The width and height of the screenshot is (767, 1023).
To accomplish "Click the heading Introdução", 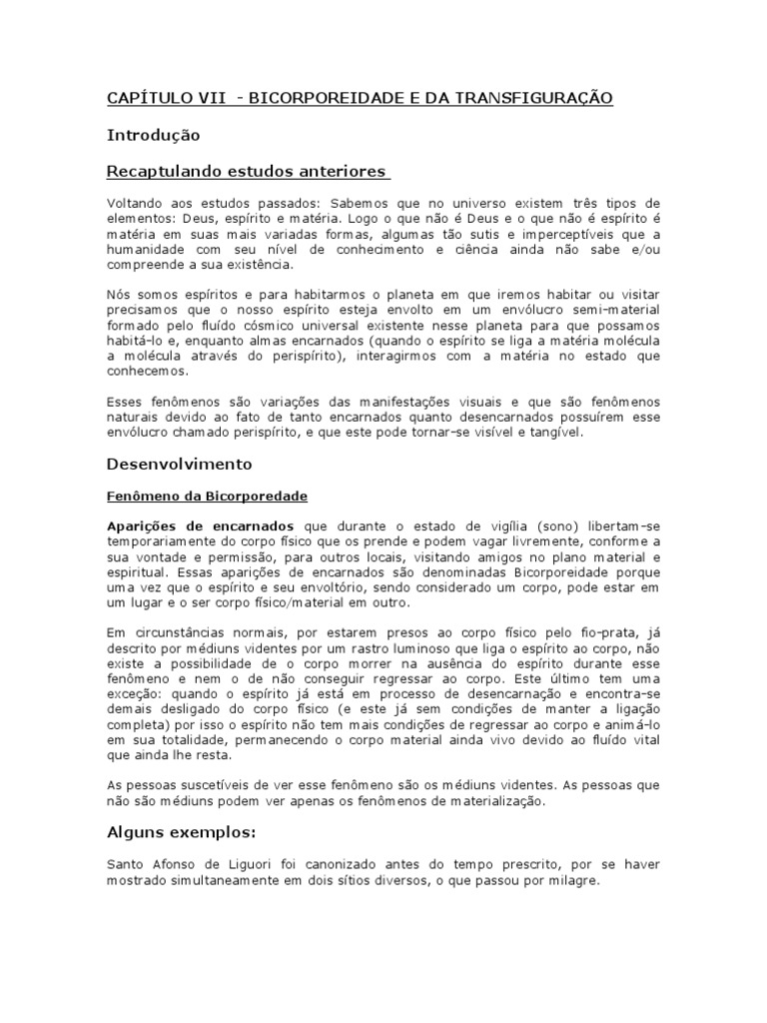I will click(x=154, y=135).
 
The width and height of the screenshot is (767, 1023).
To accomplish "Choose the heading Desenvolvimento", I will click(x=180, y=465).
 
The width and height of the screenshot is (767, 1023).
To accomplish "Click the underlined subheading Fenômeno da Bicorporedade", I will click(x=207, y=496).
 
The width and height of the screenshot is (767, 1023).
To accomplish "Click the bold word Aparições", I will click(x=141, y=525).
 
